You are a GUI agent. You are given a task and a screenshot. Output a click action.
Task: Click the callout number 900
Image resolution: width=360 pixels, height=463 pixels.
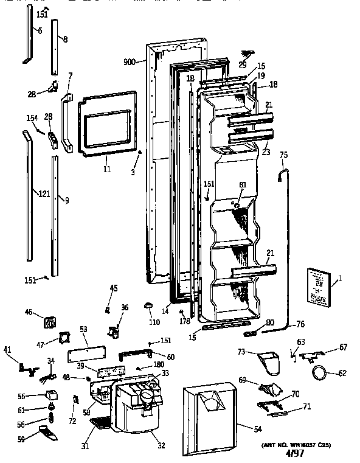tap(130, 62)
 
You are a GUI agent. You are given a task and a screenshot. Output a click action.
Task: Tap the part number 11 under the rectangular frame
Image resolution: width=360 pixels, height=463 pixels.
tap(107, 169)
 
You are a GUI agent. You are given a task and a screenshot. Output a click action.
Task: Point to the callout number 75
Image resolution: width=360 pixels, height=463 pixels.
tap(283, 156)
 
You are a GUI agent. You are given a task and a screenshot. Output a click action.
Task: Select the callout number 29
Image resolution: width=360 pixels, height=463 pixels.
tap(242, 64)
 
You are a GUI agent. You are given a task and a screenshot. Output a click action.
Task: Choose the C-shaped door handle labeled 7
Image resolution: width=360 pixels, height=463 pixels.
tap(68, 120)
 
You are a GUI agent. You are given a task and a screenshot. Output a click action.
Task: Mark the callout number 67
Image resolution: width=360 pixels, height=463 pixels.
tap(343, 347)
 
